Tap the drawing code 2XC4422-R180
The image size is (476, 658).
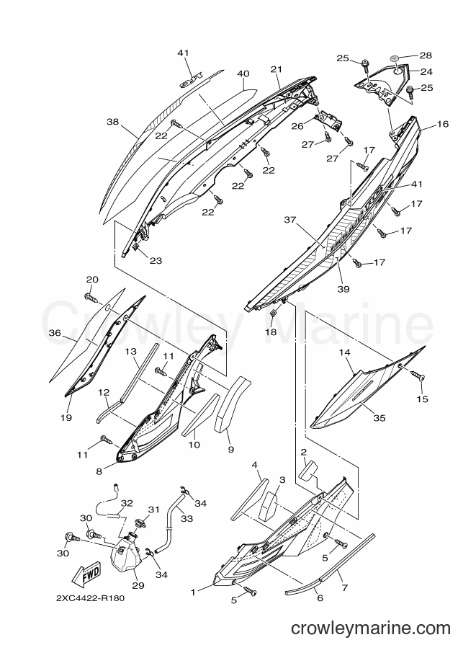coord(90,598)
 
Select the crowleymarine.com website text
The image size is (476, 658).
coord(371,628)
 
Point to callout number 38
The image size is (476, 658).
coord(113,122)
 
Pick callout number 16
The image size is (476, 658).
coord(442,124)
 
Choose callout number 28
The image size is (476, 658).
coord(426,55)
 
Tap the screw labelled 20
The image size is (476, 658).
coord(91,298)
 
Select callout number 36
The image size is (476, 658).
coord(55,333)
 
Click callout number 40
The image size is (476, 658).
coord(243,74)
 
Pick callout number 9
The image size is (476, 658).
coord(230,450)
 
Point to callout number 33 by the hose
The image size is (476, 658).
coord(187,519)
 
